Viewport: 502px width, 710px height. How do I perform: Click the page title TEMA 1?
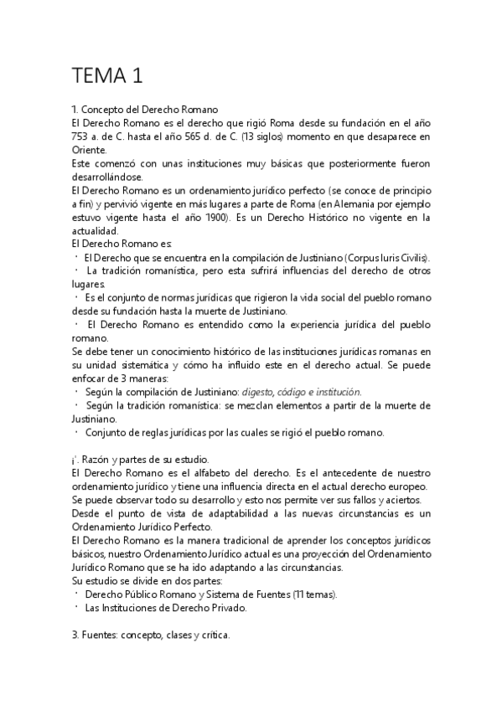tap(107, 76)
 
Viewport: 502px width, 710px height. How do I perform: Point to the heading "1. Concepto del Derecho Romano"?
tap(146, 110)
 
